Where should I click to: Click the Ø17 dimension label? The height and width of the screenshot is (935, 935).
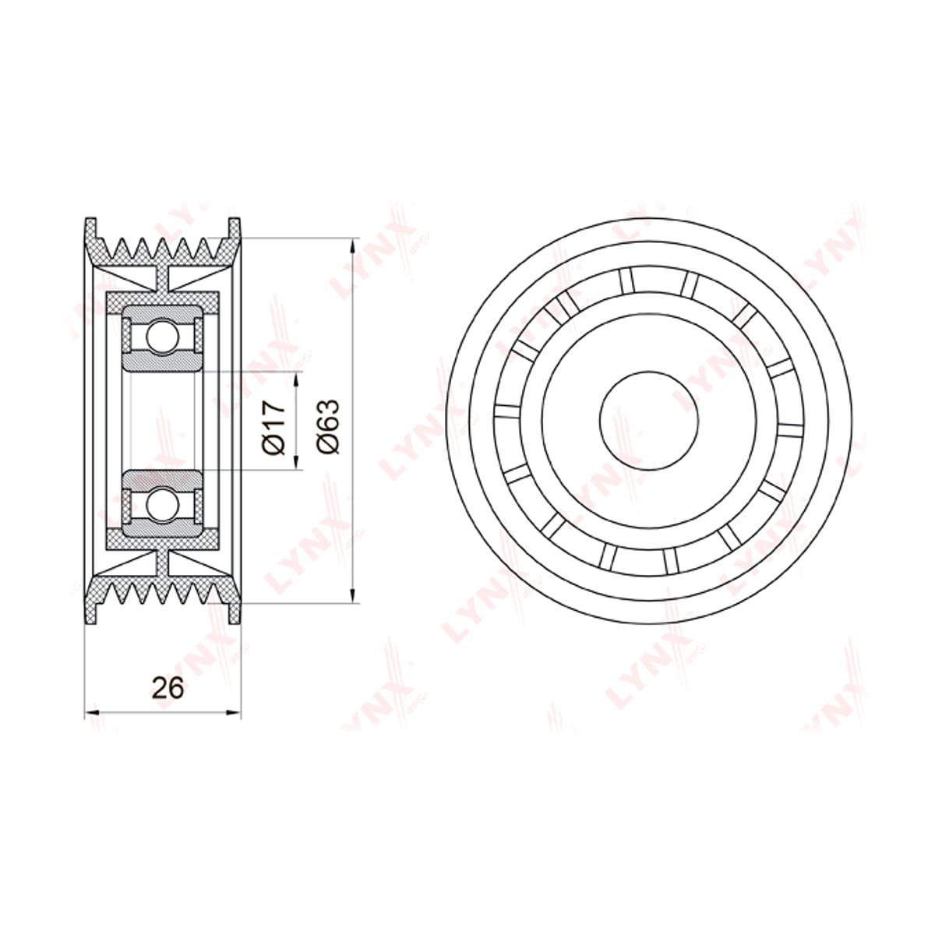click(274, 428)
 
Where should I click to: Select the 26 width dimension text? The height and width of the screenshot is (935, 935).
click(168, 687)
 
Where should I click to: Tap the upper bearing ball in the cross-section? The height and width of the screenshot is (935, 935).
click(163, 337)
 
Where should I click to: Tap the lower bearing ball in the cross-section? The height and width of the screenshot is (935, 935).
click(163, 505)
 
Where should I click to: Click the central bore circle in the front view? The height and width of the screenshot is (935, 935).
click(649, 420)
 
